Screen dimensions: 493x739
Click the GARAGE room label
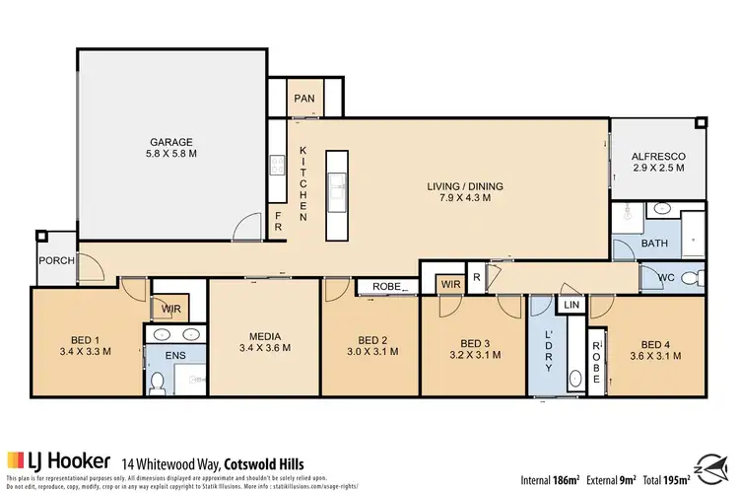tap(171, 141)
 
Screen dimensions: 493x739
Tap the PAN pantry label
tap(303, 99)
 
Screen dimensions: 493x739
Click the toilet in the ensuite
tap(157, 381)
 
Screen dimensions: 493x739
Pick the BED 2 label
tap(372, 337)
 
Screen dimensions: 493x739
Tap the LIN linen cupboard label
tap(572, 307)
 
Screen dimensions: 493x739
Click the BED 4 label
tap(653, 337)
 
